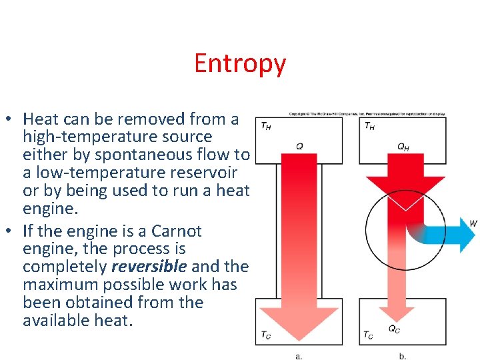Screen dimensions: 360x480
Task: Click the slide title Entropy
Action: tap(240, 63)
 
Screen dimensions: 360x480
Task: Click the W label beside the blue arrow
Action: tap(473, 223)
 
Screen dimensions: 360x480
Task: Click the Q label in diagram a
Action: tap(299, 146)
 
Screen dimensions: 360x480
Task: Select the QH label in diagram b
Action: tap(403, 147)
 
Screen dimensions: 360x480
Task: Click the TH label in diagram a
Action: tap(265, 125)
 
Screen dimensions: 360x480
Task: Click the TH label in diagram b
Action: tap(369, 125)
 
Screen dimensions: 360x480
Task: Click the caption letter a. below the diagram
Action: tap(299, 356)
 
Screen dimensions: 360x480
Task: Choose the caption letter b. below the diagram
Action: tap(403, 356)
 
